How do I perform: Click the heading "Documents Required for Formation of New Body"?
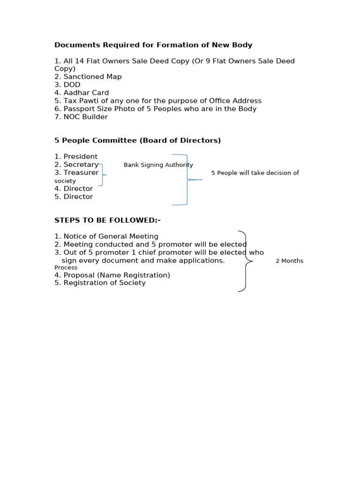click(153, 45)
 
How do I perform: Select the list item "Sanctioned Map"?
click(92, 77)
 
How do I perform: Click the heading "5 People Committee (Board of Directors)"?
click(137, 140)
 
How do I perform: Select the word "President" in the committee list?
click(80, 157)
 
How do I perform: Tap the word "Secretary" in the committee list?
click(81, 165)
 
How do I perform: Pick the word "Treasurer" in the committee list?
click(81, 172)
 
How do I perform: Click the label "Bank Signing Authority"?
click(158, 165)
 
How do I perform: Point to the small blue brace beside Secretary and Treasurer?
click(103, 174)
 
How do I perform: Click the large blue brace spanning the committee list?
click(187, 180)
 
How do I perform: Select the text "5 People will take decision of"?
click(255, 173)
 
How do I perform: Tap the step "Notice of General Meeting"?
click(111, 236)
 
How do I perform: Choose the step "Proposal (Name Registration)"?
click(117, 275)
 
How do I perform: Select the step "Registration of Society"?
click(105, 283)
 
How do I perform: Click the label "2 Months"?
click(289, 261)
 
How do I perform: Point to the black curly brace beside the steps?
click(246, 261)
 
